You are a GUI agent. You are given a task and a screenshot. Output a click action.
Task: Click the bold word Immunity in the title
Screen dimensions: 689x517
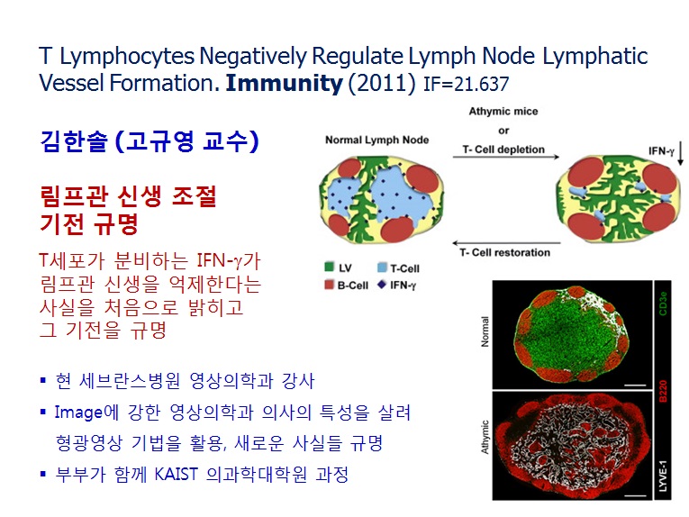click(284, 83)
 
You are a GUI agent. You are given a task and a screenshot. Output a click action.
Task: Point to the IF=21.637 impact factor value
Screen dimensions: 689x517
click(467, 84)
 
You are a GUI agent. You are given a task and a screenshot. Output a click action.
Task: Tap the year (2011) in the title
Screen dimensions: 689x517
click(381, 84)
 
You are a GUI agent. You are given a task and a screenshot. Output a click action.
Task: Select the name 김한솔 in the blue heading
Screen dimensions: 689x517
click(74, 141)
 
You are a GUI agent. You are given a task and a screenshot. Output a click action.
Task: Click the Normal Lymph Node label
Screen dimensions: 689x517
click(377, 141)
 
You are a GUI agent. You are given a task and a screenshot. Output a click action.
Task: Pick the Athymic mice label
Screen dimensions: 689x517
click(503, 111)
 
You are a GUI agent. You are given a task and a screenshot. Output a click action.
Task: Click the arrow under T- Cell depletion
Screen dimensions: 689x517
click(506, 157)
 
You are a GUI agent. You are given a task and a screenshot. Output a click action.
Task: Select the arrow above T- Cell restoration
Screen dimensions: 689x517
click(506, 243)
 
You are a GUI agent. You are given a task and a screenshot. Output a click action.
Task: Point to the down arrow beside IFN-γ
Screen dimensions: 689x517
click(680, 153)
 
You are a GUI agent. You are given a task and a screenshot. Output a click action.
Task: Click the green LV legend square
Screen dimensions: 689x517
click(329, 267)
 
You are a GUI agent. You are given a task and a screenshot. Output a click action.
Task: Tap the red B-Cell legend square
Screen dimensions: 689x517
click(329, 285)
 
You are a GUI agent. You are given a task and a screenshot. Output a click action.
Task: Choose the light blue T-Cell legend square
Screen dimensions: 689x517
click(382, 268)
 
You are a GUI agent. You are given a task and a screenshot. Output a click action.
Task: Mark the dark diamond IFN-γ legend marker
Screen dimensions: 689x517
click(381, 285)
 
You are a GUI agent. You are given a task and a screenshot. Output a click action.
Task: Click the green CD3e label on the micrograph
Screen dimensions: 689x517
click(663, 303)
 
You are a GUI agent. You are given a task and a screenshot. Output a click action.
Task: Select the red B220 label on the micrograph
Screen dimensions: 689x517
click(663, 391)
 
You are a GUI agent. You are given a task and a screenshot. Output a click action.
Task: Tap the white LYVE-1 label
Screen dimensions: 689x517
click(663, 476)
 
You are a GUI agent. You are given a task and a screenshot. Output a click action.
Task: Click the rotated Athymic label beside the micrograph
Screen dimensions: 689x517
click(485, 437)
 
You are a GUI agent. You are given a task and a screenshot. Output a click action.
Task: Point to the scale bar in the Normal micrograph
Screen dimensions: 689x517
click(635, 385)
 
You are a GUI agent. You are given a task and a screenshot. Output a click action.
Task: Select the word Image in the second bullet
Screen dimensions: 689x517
click(78, 413)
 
